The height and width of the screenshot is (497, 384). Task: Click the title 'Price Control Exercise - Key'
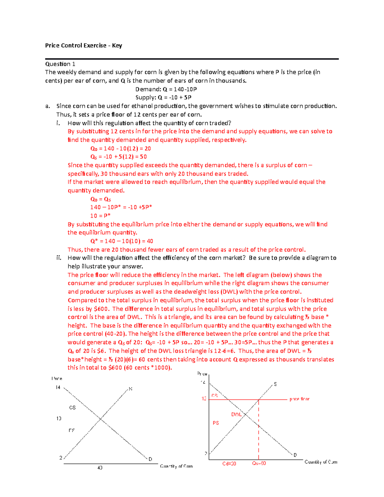coord(83,45)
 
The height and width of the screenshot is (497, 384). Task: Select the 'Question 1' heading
coord(60,64)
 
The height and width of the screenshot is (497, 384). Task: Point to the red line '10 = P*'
coord(100,216)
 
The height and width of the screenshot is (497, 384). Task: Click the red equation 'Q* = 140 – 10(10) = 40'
coord(122,241)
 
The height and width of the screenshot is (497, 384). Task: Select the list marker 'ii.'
coord(59,258)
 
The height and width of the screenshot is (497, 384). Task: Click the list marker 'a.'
coord(48,106)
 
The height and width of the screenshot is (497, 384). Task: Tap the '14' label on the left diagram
coord(58,387)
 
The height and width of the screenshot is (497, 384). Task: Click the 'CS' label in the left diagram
coord(72,407)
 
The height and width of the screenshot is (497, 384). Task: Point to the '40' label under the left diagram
coord(100,468)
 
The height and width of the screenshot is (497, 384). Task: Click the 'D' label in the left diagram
coord(150,459)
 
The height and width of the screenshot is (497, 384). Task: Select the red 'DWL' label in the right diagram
coord(236,414)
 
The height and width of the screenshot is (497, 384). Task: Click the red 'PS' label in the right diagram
coord(216,423)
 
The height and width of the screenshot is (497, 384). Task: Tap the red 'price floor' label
coord(299,399)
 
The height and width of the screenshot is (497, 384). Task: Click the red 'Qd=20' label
coord(229,463)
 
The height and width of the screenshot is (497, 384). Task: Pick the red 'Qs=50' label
coord(259,463)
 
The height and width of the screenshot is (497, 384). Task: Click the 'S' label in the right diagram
coord(275,384)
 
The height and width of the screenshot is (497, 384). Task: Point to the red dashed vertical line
coord(259,429)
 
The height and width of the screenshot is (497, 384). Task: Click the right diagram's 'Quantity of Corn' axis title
coord(321,462)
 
